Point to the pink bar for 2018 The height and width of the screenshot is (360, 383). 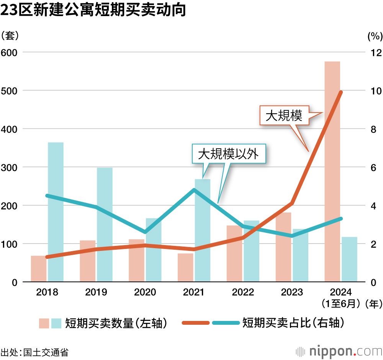38,268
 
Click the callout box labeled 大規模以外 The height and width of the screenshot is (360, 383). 228,154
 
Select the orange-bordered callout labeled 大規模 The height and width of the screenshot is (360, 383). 284,115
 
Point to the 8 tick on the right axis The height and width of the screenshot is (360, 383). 373,129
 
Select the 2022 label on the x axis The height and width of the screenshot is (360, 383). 243,293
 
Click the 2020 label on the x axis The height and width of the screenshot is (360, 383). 145,293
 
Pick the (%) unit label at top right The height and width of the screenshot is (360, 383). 375,36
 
